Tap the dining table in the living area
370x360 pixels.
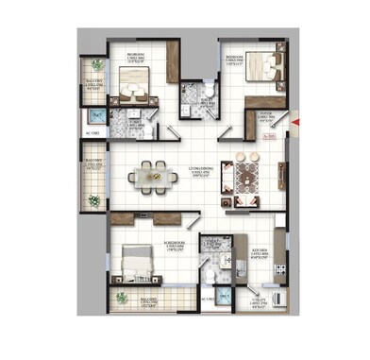[152, 175]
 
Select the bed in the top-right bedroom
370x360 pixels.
[265, 68]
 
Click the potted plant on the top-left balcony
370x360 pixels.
[96, 65]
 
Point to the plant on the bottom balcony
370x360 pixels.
[120, 300]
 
